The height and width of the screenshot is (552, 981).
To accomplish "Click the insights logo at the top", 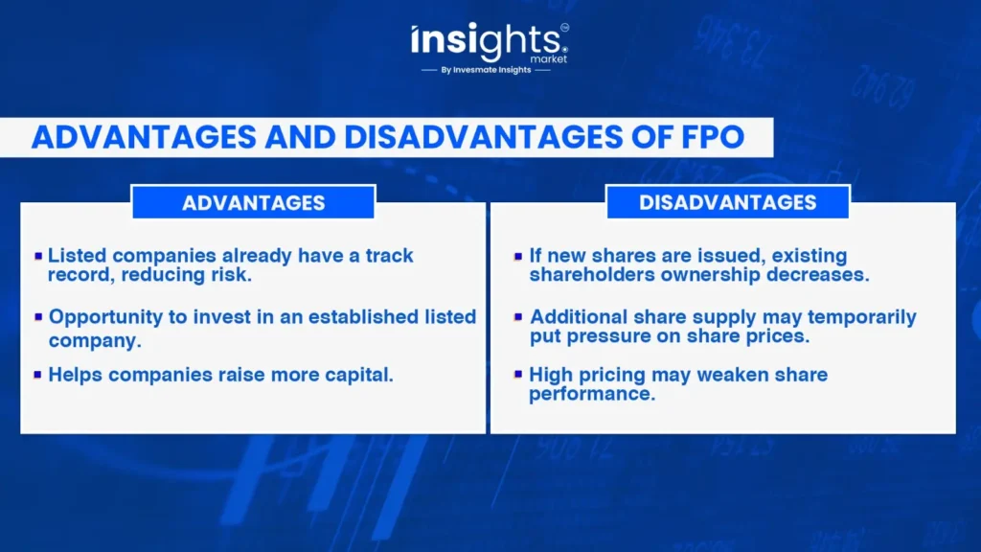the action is pos(490,42).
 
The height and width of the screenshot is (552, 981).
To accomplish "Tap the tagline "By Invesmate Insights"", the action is pos(486,70).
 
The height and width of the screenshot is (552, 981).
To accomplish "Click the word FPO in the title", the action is pos(710,137).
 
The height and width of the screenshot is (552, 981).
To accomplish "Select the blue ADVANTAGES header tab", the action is pos(253,202).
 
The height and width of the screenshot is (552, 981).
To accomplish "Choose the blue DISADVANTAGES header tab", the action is pos(728,202).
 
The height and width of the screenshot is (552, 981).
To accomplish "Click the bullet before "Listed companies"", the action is pos(38,256).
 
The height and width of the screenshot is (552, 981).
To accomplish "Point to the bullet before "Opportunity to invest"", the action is pos(38,317).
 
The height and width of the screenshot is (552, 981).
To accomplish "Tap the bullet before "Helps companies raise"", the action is pos(38,375).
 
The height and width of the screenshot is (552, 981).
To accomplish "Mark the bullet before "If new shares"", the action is pos(518,256).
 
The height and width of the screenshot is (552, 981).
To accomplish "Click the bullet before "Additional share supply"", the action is pos(518,317).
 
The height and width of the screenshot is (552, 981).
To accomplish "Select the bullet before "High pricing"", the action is pos(518,375).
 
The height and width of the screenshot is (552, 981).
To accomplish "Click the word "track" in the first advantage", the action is pos(389,255).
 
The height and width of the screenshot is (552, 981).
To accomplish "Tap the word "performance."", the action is pos(592,394).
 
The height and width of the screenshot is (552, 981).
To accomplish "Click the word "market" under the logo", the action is pos(549,58).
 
